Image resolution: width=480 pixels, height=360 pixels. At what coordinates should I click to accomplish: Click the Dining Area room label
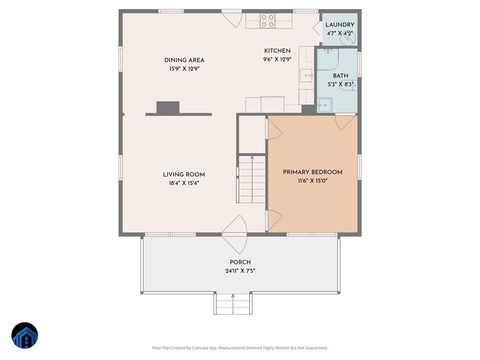(x=184, y=60)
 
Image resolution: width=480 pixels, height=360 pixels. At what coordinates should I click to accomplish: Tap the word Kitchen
(x=277, y=51)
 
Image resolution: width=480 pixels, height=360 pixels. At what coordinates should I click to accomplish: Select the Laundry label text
(x=340, y=24)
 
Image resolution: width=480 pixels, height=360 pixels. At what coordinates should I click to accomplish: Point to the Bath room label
(x=341, y=76)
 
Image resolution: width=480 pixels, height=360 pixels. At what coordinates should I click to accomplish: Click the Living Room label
(x=184, y=175)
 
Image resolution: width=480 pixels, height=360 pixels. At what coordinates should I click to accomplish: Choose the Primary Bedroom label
(x=312, y=172)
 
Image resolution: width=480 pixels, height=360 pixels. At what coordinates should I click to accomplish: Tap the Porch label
(x=240, y=261)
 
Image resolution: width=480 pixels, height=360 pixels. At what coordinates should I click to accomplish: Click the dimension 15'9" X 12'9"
(x=184, y=69)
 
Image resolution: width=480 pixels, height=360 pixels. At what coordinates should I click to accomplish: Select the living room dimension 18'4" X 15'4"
(x=184, y=184)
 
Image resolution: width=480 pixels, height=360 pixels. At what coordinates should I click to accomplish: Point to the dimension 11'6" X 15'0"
(x=312, y=181)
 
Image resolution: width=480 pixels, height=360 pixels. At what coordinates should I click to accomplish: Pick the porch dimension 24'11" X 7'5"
(x=240, y=270)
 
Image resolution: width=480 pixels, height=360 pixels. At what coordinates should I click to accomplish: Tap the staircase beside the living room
(x=251, y=185)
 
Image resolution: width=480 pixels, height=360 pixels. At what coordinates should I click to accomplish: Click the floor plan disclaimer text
(x=240, y=348)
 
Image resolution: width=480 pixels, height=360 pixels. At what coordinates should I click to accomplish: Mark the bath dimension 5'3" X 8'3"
(x=341, y=85)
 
